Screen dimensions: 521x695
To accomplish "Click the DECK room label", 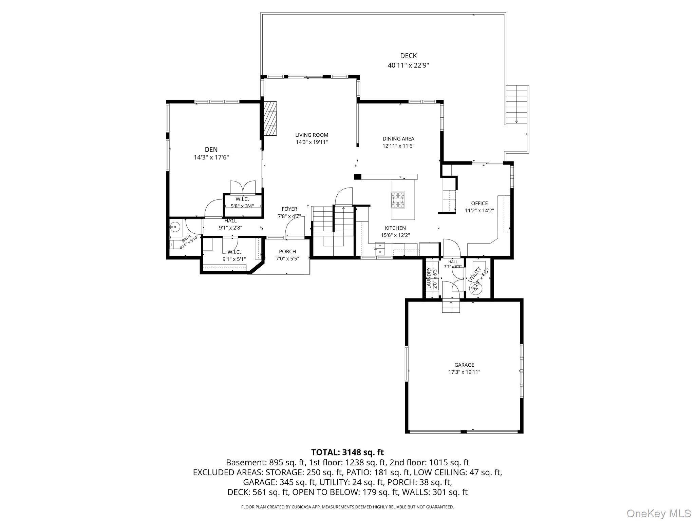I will click(408, 56).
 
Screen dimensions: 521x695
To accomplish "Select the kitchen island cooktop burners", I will click(398, 200).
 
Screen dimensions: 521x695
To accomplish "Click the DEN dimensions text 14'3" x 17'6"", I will click(211, 157).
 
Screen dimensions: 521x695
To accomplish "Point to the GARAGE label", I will click(464, 365).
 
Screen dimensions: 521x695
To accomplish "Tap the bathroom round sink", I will click(175, 226).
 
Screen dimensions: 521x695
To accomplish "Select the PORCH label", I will click(287, 251).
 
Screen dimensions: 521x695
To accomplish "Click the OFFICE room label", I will click(479, 203).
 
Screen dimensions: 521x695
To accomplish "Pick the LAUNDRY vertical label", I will click(429, 278).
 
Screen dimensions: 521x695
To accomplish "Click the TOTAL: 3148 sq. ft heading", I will click(347, 452).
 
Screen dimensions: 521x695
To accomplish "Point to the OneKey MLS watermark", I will click(658, 513).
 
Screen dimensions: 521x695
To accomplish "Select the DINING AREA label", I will click(398, 139).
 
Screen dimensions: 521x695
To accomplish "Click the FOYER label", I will click(289, 209).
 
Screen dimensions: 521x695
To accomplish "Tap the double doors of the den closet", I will click(243, 187).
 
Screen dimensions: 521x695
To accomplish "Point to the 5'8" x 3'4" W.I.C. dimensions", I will click(242, 206).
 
